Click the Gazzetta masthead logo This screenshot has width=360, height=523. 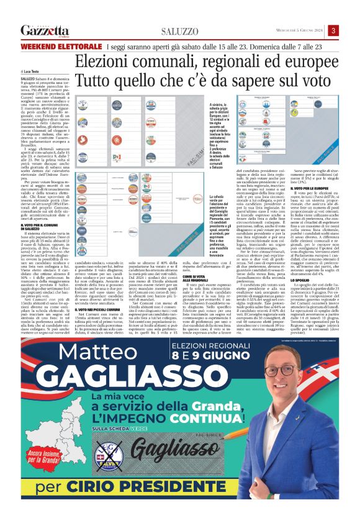(44, 31)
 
